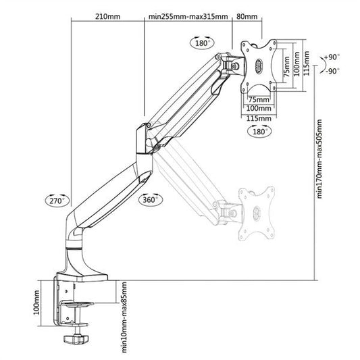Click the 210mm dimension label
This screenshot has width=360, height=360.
coord(107,16)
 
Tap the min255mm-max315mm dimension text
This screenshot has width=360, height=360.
coord(188,16)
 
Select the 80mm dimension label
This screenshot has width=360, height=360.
coord(247,16)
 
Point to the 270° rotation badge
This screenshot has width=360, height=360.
coord(57,201)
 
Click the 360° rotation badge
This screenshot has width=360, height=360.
coord(151,199)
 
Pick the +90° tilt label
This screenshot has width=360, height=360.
coord(332,57)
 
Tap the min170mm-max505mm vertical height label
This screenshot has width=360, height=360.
coord(319,159)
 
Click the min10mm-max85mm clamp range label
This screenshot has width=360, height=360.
coord(124,317)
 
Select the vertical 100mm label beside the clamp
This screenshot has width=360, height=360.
coord(36,302)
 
